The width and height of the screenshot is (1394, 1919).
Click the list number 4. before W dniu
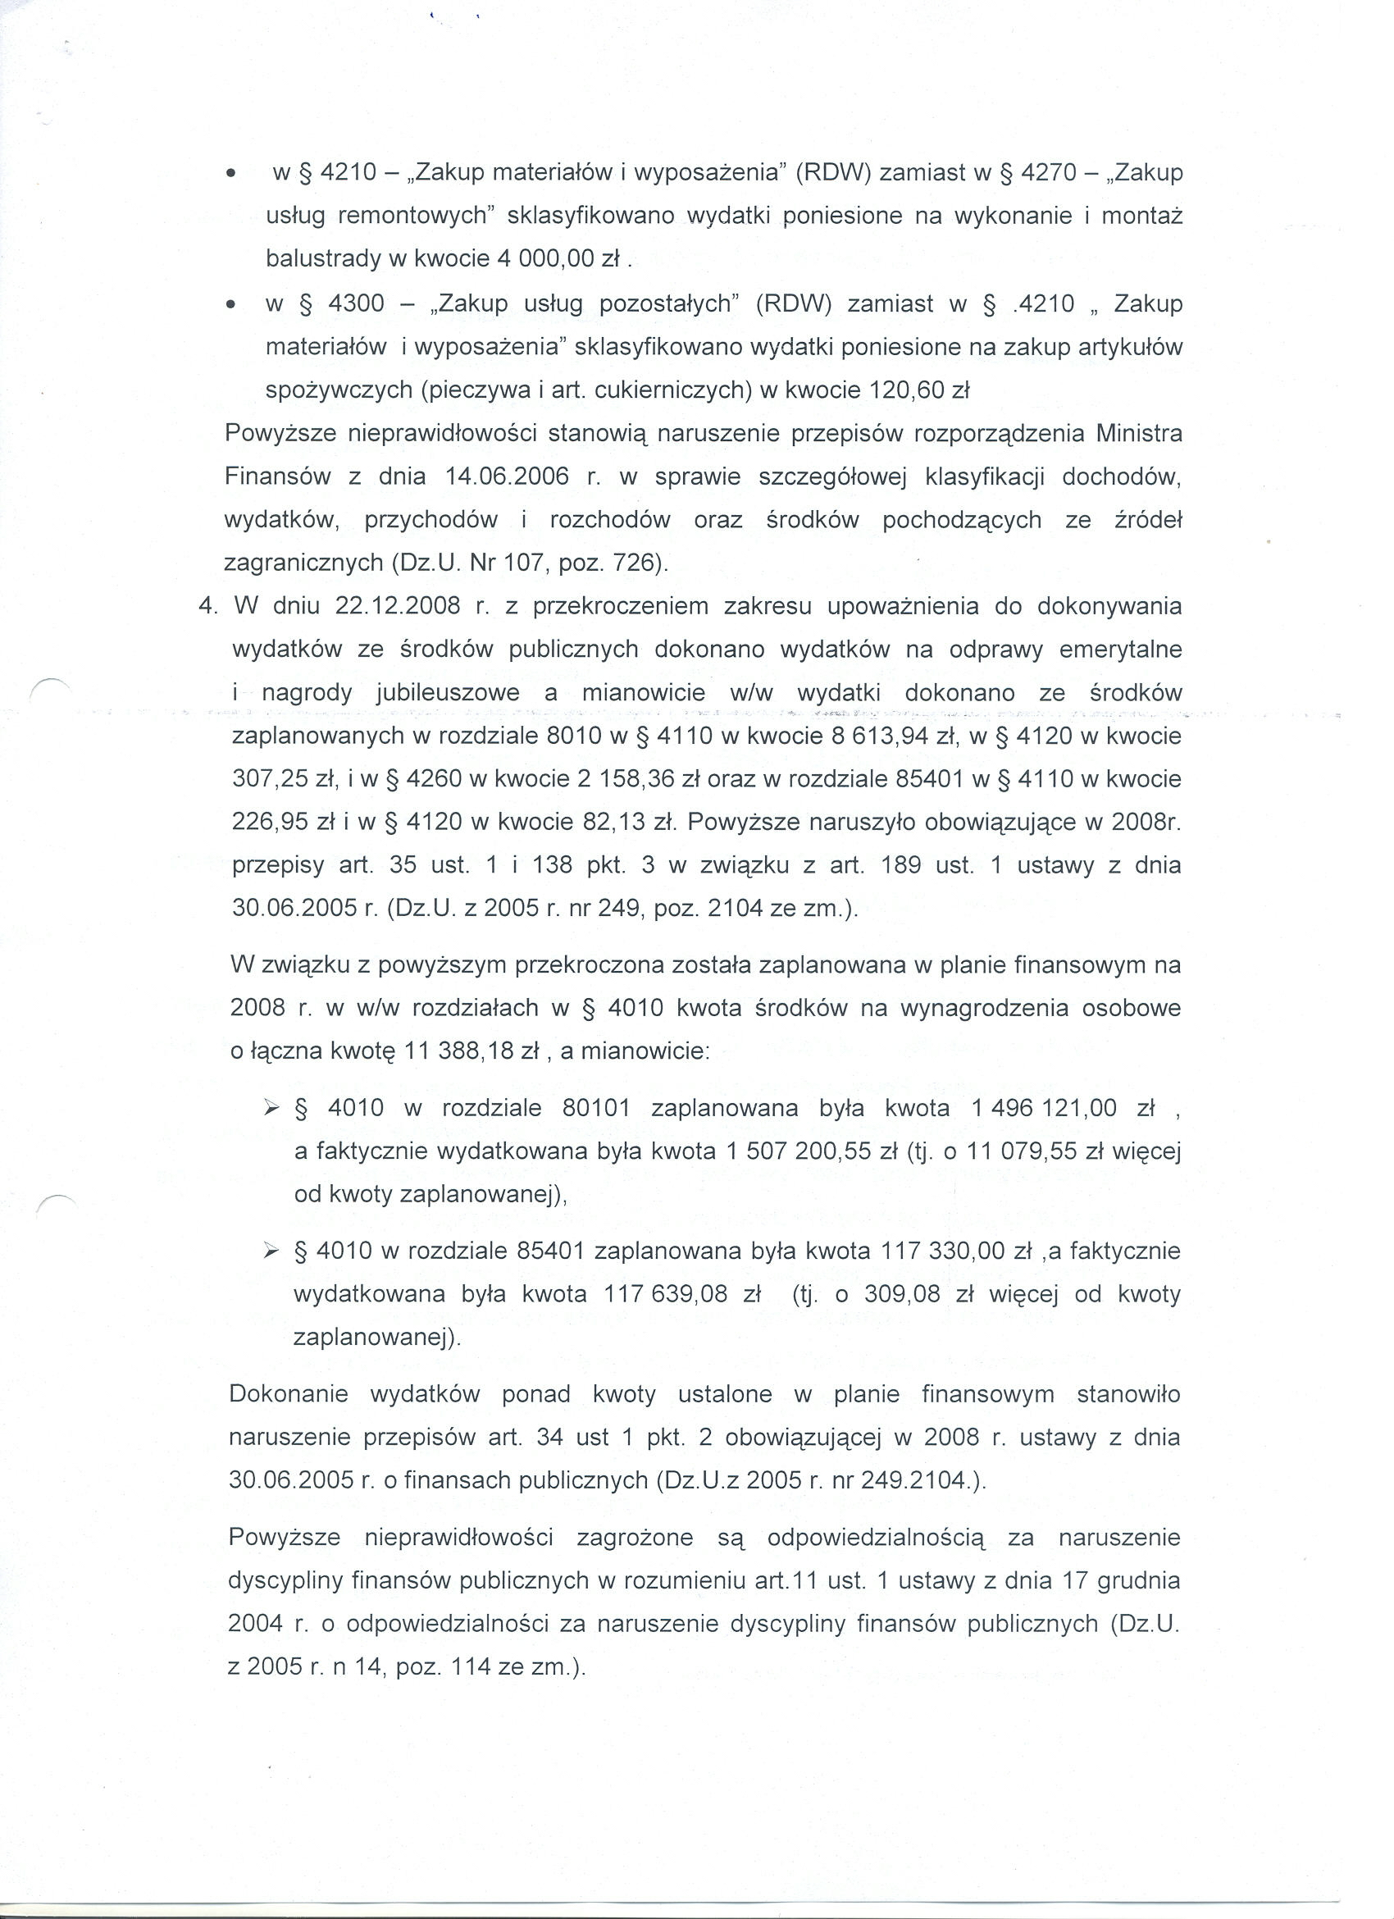point(207,607)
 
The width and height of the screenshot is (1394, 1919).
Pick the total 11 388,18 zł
point(472,1051)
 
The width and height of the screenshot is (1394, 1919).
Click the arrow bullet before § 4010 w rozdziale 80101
point(271,1109)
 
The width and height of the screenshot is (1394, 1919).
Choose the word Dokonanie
point(289,1394)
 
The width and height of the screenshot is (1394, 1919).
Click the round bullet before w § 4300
point(230,304)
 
